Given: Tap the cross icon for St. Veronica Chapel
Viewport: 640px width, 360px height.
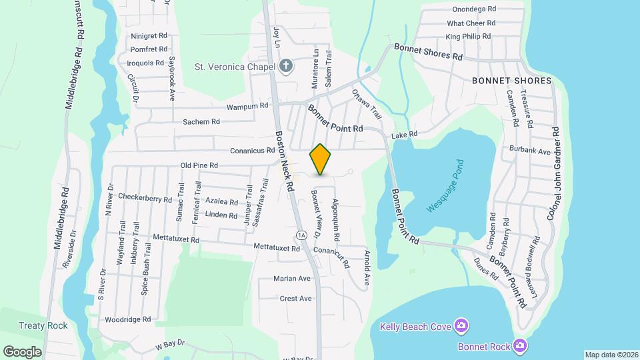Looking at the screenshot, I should tap(286, 66).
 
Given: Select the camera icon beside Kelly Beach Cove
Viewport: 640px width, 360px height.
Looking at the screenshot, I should tap(461, 325).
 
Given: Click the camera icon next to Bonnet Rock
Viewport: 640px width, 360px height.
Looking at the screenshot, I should tap(521, 345).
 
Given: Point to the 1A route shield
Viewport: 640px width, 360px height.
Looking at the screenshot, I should tap(301, 235).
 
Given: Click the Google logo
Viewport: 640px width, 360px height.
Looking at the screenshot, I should tap(22, 351).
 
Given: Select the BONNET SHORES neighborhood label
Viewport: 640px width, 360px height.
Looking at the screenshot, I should tap(512, 81).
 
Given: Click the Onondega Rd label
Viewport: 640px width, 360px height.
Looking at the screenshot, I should tap(474, 9).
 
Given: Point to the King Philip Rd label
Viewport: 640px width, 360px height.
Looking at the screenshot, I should tap(468, 36).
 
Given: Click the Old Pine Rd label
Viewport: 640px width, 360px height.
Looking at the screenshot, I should tap(199, 165).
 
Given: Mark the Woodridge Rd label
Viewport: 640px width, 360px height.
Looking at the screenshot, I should tap(128, 319).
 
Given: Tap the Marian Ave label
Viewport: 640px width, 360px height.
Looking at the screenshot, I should tap(292, 278).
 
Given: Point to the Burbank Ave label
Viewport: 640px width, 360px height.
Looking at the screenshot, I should tap(530, 151).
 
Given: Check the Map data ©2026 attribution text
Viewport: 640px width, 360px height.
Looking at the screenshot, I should tap(611, 354).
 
